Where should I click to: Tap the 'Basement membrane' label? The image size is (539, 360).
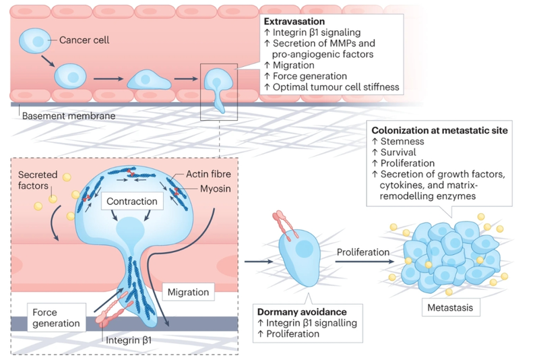click(63, 116)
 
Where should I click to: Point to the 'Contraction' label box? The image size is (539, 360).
click(131, 201)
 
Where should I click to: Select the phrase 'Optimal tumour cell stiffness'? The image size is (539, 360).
click(335, 87)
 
